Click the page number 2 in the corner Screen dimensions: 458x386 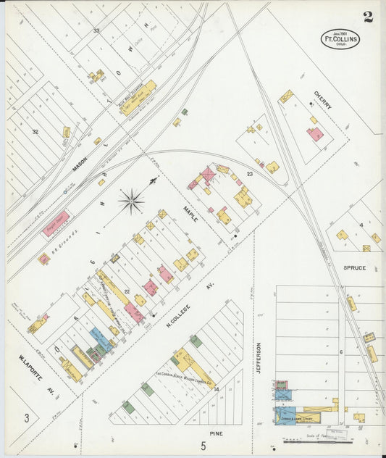[x=368, y=17]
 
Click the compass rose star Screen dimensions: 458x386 [x=131, y=201]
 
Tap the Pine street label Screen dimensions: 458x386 [x=216, y=433]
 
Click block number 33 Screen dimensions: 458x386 [x=96, y=31]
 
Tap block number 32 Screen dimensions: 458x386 [x=34, y=132]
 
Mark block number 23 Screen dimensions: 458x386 [x=249, y=173]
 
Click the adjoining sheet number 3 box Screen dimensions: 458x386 [x=27, y=417]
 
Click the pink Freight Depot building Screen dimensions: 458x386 [x=56, y=223]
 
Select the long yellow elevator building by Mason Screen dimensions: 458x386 [x=138, y=93]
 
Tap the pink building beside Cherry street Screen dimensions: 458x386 [x=314, y=134]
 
